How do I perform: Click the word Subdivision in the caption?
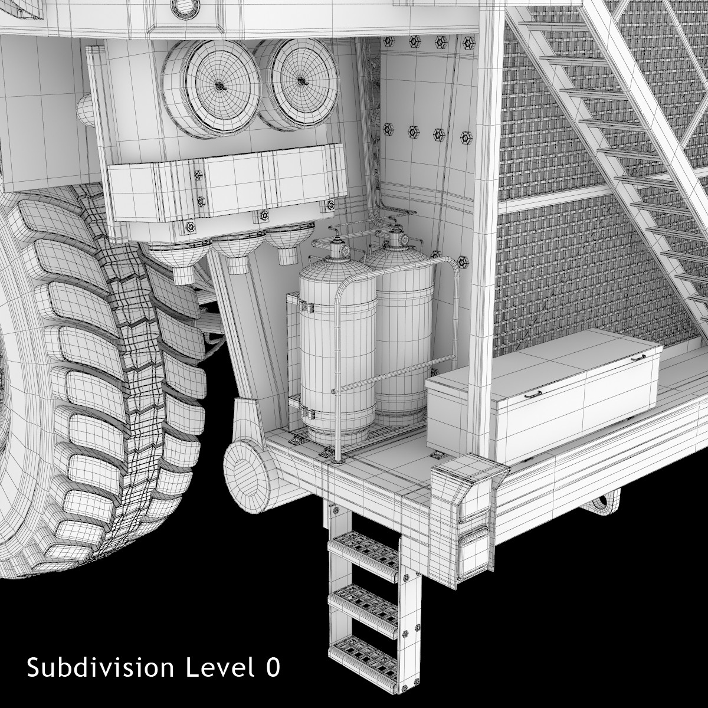(x=100, y=667)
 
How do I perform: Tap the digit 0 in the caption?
(x=272, y=667)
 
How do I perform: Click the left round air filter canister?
(x=211, y=88)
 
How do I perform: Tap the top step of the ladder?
(x=364, y=551)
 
